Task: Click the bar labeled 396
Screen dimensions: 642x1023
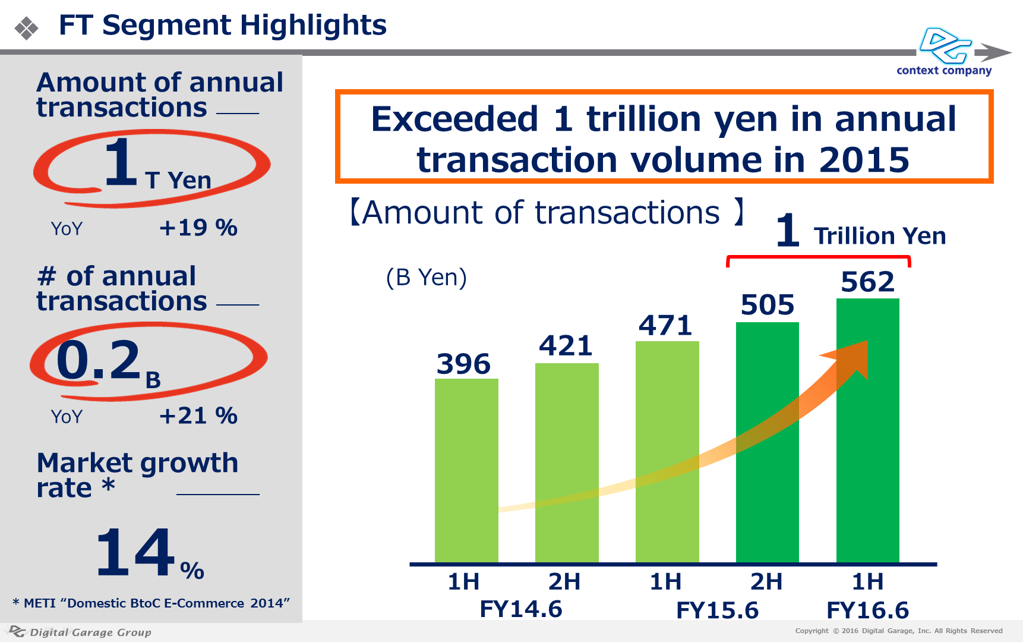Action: pyautogui.click(x=466, y=470)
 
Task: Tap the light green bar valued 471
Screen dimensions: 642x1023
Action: pyautogui.click(x=667, y=452)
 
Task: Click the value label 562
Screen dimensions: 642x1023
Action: pyautogui.click(x=867, y=282)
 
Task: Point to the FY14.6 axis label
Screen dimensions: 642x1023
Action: pyautogui.click(x=520, y=609)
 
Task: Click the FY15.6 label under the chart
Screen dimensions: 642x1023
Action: pyautogui.click(x=717, y=610)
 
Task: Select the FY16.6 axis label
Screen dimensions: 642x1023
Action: pyautogui.click(x=867, y=610)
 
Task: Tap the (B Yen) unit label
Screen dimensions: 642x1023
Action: pyautogui.click(x=427, y=278)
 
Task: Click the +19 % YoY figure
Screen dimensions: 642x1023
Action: pyautogui.click(x=198, y=228)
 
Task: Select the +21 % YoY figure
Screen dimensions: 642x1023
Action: pyautogui.click(x=198, y=416)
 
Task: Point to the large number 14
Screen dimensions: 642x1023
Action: pyautogui.click(x=135, y=553)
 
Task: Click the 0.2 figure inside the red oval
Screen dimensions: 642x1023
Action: pyautogui.click(x=99, y=360)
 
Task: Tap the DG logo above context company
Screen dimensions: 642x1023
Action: pyautogui.click(x=945, y=45)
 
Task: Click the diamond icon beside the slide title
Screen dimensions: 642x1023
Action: pyautogui.click(x=27, y=28)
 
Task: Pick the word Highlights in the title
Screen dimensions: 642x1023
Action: pyautogui.click(x=313, y=26)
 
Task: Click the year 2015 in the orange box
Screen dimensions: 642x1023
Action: pyautogui.click(x=864, y=160)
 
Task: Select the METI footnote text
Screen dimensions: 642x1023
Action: pyautogui.click(x=151, y=603)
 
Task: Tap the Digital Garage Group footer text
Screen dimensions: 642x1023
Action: pyautogui.click(x=90, y=632)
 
